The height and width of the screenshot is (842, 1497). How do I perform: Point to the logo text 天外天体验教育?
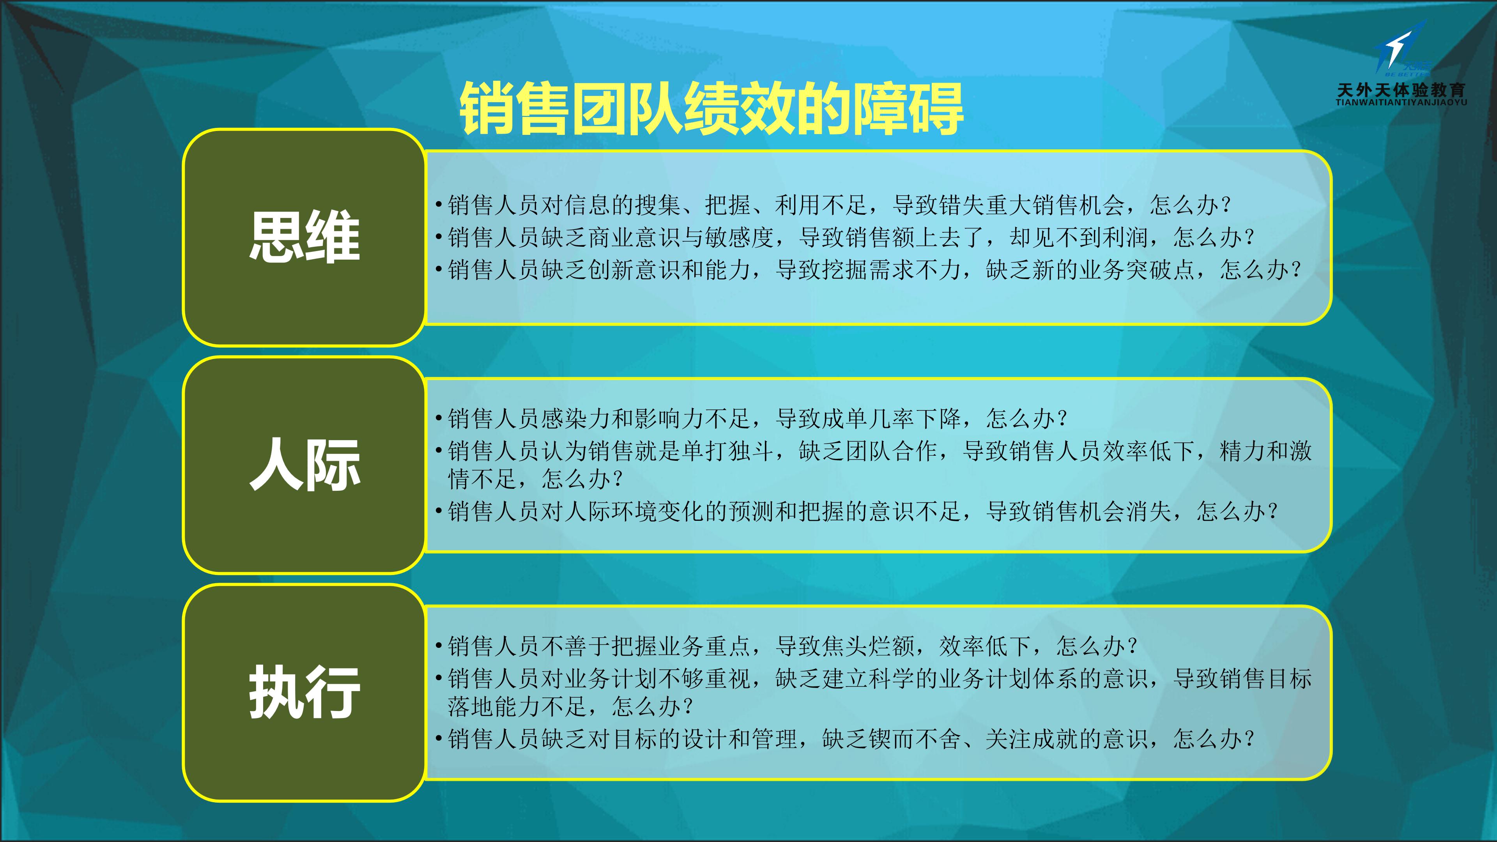(1401, 90)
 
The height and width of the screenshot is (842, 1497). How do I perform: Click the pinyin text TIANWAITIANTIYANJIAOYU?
(1401, 102)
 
